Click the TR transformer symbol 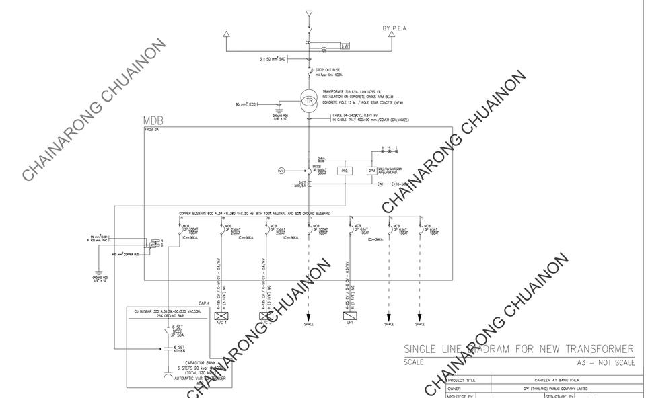point(310,101)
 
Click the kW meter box point(345,46)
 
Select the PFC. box point(345,171)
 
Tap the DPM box point(371,171)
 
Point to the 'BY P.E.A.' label point(395,28)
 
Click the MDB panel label point(153,122)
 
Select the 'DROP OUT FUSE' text point(329,70)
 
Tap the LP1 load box point(350,315)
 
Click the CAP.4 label point(204,303)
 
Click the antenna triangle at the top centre point(309,13)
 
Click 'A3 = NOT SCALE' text point(602,362)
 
